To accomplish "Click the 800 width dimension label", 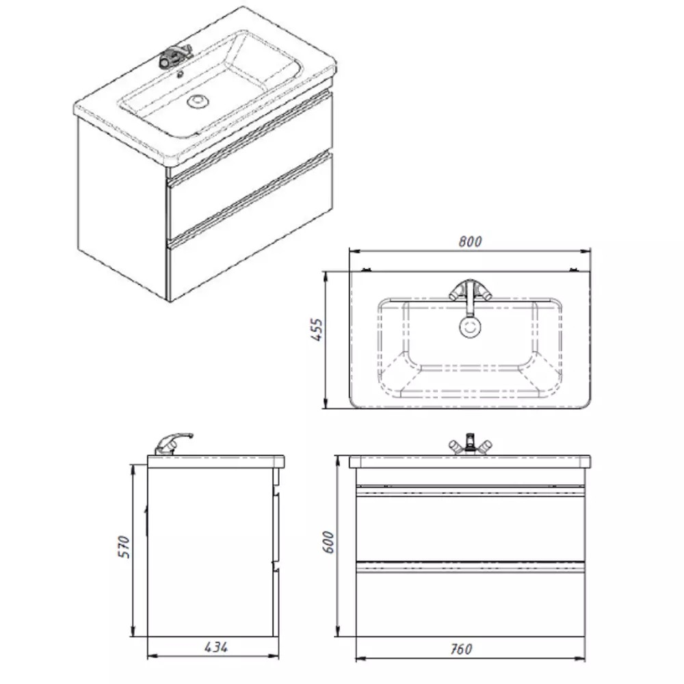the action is pyautogui.click(x=470, y=241).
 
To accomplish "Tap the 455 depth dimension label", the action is pyautogui.click(x=319, y=330).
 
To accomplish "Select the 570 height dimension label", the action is pyautogui.click(x=124, y=547).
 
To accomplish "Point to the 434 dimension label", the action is pyautogui.click(x=216, y=647).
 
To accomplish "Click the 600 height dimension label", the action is pyautogui.click(x=328, y=542).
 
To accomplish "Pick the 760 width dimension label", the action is pyautogui.click(x=460, y=649).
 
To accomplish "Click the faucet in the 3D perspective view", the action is pyautogui.click(x=175, y=56).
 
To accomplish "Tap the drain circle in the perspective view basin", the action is pyautogui.click(x=198, y=101).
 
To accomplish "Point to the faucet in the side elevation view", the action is pyautogui.click(x=173, y=444).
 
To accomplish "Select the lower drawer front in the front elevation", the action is pyautogui.click(x=471, y=604).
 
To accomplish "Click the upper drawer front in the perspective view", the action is pyautogui.click(x=250, y=168).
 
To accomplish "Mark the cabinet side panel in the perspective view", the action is pyautogui.click(x=122, y=209).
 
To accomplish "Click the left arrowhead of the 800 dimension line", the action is pyautogui.click(x=354, y=251).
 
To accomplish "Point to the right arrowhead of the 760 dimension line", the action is pyautogui.click(x=580, y=659).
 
